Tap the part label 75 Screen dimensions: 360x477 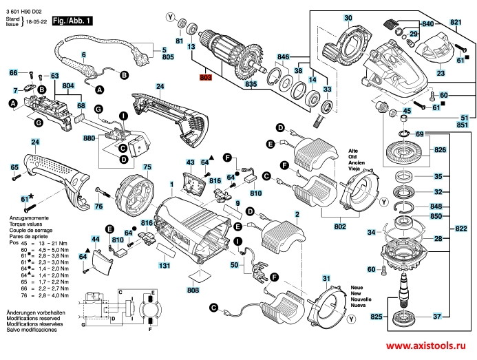click(146, 167)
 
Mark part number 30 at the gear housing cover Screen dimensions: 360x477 click(348, 17)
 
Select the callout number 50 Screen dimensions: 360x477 click(234, 265)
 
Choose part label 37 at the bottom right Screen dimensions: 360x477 click(437, 317)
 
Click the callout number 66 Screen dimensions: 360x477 click(12, 72)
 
